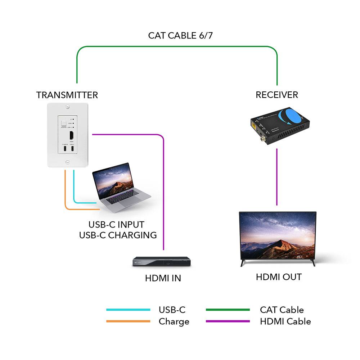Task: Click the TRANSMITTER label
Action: tap(67, 95)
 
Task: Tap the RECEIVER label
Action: tap(277, 95)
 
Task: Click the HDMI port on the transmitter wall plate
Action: tap(72, 136)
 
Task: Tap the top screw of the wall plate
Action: tap(67, 107)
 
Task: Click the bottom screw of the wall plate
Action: tap(67, 162)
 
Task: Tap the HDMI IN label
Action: tap(163, 278)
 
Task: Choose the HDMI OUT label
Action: tap(279, 277)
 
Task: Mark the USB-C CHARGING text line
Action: tap(118, 235)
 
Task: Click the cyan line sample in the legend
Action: tap(128, 310)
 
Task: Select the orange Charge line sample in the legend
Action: tap(128, 321)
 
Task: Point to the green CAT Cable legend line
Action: tap(228, 310)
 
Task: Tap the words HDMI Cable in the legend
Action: tap(285, 321)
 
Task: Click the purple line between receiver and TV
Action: tap(277, 176)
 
